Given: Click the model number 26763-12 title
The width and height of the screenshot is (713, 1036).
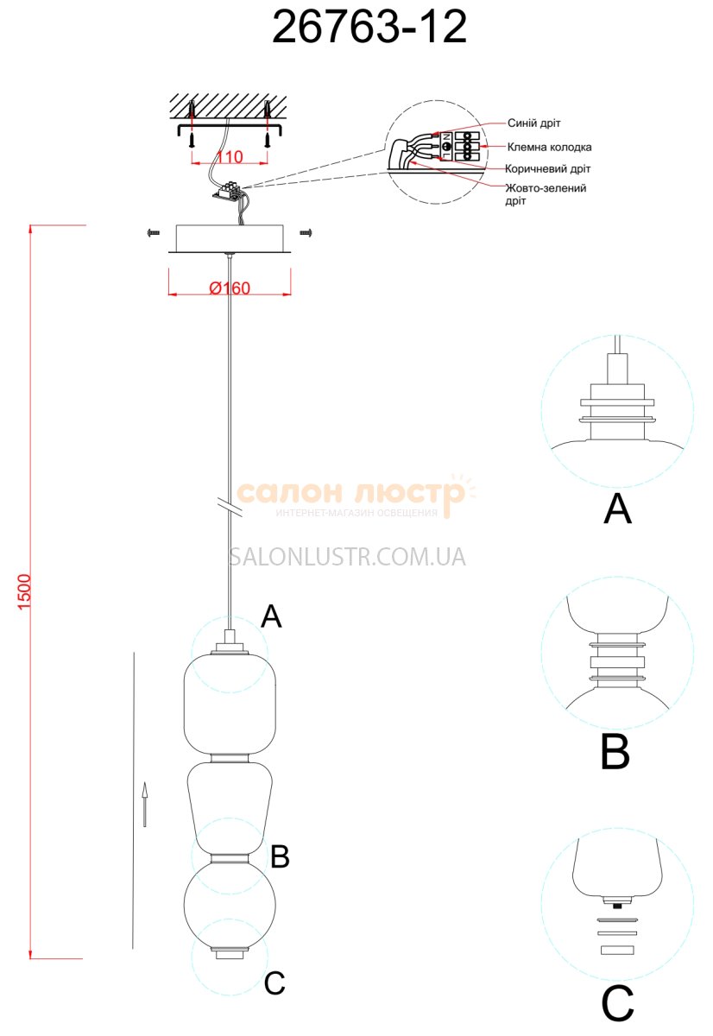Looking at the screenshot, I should point(369,28).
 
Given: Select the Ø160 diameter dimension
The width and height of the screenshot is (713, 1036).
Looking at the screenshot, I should point(230,287).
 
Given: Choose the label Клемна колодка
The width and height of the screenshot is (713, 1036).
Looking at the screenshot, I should point(549,147).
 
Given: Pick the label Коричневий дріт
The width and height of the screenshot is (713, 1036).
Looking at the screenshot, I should point(548,168).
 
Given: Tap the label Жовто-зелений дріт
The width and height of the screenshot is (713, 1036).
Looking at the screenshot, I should point(546,193).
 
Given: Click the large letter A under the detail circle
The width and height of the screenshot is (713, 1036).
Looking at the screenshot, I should point(617,509).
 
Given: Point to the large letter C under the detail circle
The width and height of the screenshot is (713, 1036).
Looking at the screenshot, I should point(617,1003).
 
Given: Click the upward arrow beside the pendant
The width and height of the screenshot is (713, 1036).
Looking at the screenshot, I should point(145,803).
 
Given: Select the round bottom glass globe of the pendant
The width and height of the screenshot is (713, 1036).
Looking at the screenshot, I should point(230,902).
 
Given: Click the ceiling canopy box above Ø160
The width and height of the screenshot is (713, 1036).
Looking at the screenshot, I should point(230,237).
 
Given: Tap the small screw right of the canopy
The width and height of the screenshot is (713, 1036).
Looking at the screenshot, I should point(305,231).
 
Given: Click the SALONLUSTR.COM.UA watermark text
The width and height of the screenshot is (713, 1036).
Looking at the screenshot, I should point(347,557).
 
